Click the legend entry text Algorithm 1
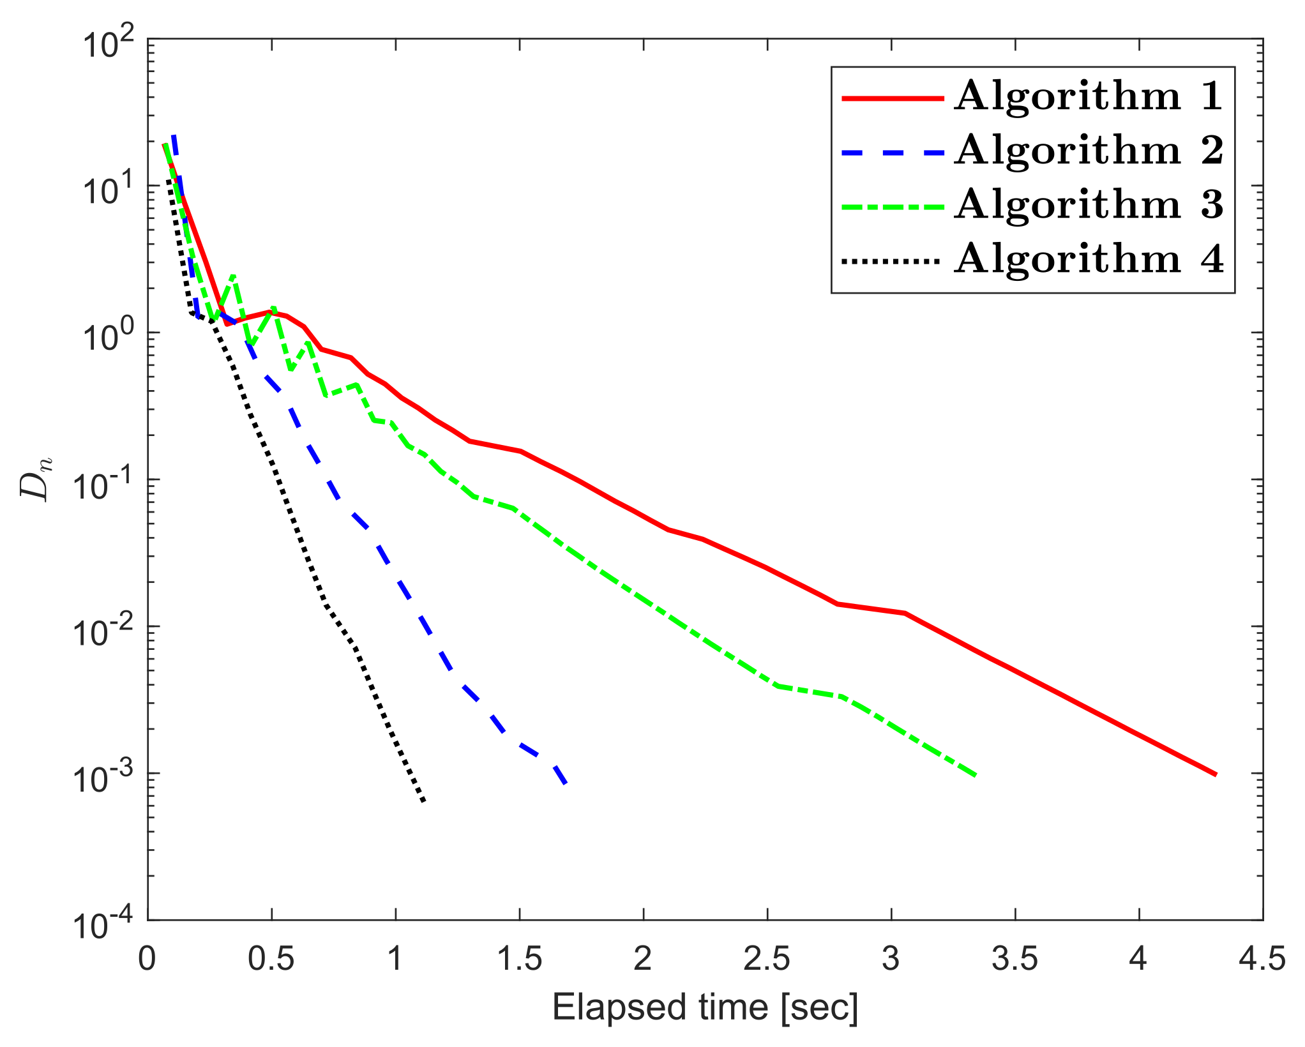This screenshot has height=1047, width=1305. click(1089, 97)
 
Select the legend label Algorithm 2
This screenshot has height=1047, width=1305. click(1089, 151)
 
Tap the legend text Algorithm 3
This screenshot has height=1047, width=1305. click(1089, 206)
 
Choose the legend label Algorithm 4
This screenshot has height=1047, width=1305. click(1089, 260)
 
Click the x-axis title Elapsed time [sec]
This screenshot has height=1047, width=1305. click(705, 1007)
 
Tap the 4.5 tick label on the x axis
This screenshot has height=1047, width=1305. click(1262, 958)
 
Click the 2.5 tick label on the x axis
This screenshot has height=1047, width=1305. click(767, 958)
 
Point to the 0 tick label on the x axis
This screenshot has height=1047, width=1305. click(147, 958)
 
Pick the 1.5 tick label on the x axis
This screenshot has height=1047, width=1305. click(519, 958)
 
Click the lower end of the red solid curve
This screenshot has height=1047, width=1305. click(1216, 774)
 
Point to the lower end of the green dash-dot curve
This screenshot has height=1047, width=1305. click(976, 776)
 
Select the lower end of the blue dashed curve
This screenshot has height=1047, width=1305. click(566, 783)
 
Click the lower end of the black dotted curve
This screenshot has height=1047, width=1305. click(423, 801)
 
